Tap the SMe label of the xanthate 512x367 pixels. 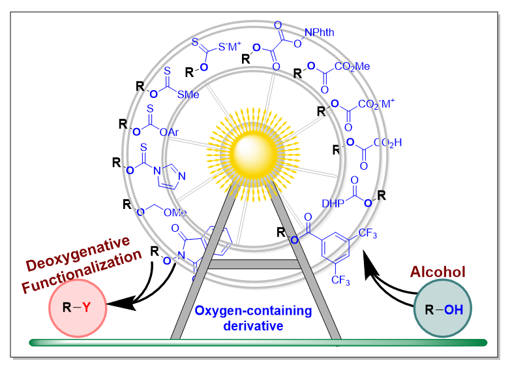point(188,95)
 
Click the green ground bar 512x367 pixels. point(258,342)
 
